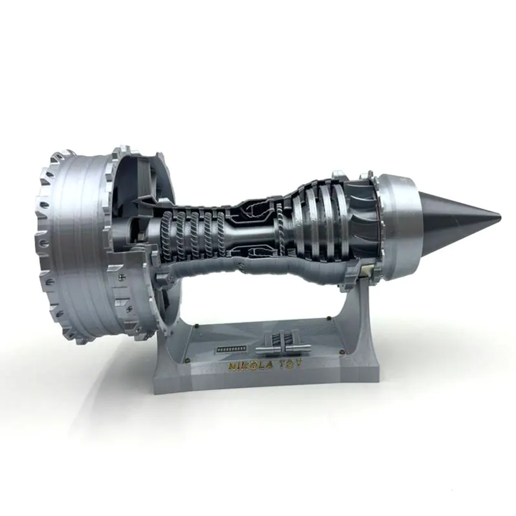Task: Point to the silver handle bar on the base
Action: [x=283, y=348]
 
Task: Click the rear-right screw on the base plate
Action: [x=329, y=318]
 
